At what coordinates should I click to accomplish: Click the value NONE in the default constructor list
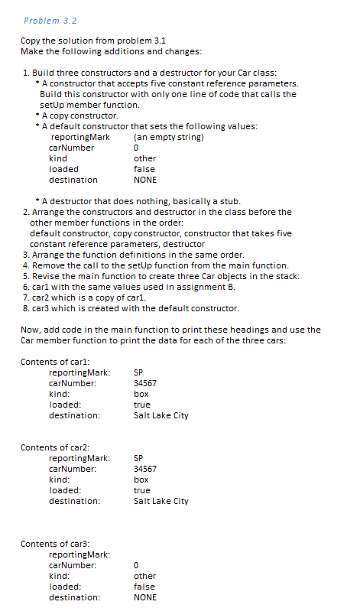coord(144,180)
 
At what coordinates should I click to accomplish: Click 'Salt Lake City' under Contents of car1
coord(161,415)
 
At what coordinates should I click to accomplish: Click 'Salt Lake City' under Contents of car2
coord(161,501)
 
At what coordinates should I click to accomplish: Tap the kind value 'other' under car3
coord(144,576)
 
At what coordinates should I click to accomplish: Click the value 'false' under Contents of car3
coord(144,587)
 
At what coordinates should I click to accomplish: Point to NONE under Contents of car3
coord(144,597)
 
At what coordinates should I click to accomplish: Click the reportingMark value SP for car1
coord(138,372)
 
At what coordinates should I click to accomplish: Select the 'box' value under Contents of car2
coord(141,480)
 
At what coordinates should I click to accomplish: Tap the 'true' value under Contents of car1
coord(141,405)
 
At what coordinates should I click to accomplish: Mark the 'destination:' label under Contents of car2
coord(74,501)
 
